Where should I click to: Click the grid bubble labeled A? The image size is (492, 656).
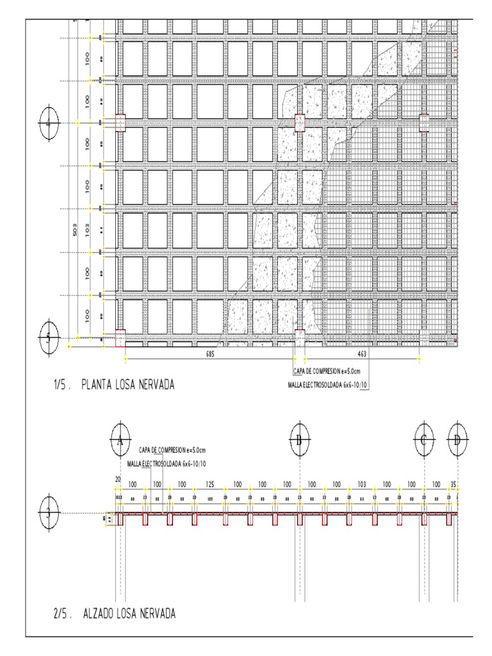click(x=120, y=439)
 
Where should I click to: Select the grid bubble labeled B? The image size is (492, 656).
click(x=299, y=439)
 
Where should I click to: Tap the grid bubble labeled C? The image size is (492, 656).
click(x=424, y=439)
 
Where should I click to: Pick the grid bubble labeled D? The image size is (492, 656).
click(x=457, y=439)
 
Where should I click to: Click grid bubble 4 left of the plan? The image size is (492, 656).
click(x=49, y=122)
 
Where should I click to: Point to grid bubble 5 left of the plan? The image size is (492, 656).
click(x=49, y=336)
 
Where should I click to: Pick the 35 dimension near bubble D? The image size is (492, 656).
click(x=454, y=484)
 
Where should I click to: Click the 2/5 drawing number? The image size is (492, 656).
click(x=61, y=614)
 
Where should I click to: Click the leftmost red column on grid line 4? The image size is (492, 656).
click(x=120, y=123)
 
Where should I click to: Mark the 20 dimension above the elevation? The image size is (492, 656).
click(x=118, y=479)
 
